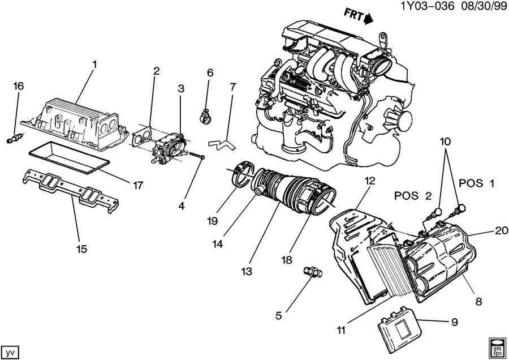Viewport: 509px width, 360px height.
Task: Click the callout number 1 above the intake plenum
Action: [94, 65]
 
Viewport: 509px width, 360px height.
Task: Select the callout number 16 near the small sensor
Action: [19, 87]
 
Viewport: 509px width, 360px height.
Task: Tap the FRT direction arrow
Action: [369, 18]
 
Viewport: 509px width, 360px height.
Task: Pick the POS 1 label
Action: [477, 183]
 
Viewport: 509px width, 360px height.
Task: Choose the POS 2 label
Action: [413, 196]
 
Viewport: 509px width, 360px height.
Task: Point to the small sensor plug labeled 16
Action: [14, 138]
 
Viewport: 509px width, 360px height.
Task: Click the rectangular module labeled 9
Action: [400, 324]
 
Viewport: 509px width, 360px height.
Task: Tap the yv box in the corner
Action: [11, 353]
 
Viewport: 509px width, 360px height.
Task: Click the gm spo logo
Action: [497, 347]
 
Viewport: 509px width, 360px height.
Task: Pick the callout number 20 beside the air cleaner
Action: [502, 231]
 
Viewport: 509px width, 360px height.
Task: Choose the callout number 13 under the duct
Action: [247, 272]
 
